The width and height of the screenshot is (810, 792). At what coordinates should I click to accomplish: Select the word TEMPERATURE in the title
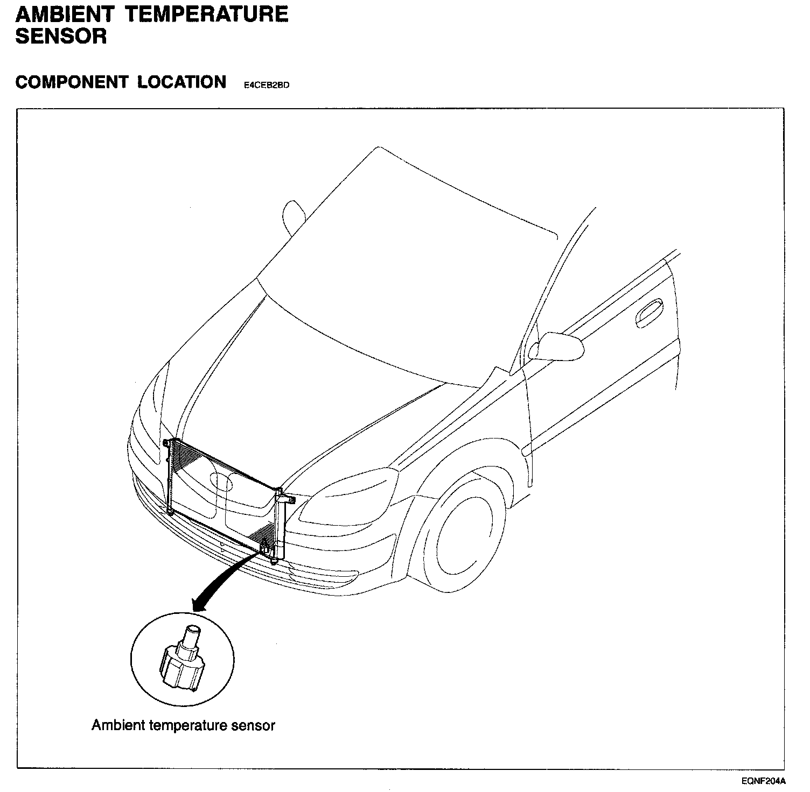pyautogui.click(x=207, y=14)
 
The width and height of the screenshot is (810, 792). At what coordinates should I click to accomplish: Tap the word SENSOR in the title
pyautogui.click(x=61, y=37)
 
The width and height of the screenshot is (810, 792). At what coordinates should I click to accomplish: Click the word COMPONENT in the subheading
pyautogui.click(x=72, y=82)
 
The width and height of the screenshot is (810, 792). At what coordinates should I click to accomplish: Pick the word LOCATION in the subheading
pyautogui.click(x=181, y=82)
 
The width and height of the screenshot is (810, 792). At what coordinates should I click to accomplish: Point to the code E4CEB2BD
pyautogui.click(x=267, y=85)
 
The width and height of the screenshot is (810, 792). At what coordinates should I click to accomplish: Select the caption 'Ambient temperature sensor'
pyautogui.click(x=183, y=725)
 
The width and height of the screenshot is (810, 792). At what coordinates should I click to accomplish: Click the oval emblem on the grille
pyautogui.click(x=221, y=481)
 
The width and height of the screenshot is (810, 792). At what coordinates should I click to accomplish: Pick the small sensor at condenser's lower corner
pyautogui.click(x=265, y=549)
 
